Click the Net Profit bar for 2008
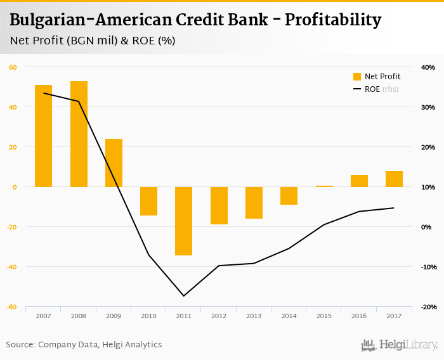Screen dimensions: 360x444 pos(79,134)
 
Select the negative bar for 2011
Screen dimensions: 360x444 pos(184,221)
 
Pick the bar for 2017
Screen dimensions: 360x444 pos(394,179)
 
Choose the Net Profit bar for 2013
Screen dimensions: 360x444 pos(254,203)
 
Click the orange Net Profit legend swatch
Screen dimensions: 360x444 pos(356,77)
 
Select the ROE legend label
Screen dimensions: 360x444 pos(372,89)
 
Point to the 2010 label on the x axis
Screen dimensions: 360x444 pos(148,316)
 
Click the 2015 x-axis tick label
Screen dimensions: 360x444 pos(323,316)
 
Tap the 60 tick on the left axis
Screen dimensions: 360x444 pos(13,67)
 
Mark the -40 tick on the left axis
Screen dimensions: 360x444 pos(11,267)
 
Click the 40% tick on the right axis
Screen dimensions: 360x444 pos(428,67)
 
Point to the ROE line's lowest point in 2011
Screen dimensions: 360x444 pos(184,296)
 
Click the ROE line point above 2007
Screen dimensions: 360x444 pos(44,93)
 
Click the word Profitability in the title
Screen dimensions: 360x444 pos(333,20)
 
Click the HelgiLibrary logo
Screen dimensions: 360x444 pos(399,345)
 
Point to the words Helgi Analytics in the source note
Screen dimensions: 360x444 pos(134,345)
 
